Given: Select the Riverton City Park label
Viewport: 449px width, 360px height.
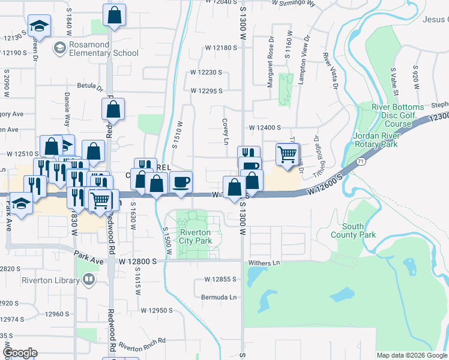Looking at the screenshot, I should (196, 236).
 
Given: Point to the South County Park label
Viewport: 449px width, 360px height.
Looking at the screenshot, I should (359, 230).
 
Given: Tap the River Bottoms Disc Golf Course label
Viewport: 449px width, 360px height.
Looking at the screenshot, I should (394, 115).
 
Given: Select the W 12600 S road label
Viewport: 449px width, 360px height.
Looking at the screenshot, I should (324, 184).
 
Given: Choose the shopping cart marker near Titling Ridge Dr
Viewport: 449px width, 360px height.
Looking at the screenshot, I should (288, 154).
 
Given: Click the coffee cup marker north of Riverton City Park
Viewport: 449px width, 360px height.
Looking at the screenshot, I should (181, 182).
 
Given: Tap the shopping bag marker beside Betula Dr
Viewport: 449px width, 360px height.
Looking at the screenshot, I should (113, 110).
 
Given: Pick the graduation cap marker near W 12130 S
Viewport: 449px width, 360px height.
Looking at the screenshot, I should (39, 26).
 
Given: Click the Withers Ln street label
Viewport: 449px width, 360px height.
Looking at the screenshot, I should (268, 263).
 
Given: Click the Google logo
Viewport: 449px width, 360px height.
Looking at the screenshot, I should (19, 353).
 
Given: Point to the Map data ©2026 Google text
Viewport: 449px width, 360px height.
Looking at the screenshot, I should (411, 355).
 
